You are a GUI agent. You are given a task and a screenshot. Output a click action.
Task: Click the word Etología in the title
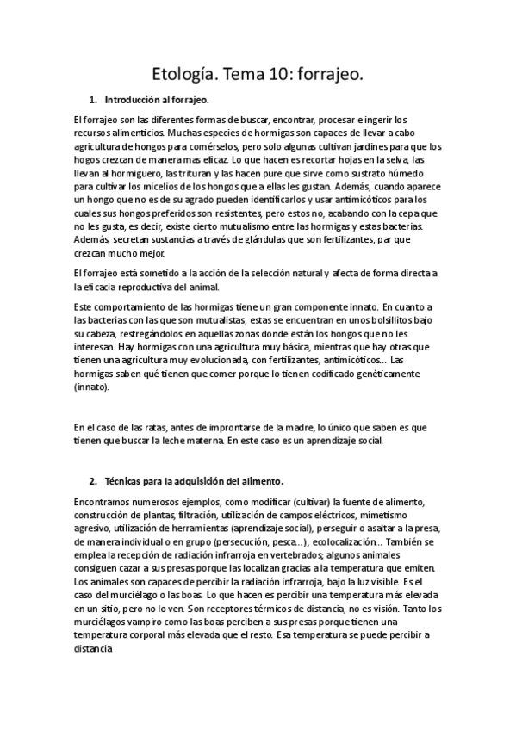point(180,76)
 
